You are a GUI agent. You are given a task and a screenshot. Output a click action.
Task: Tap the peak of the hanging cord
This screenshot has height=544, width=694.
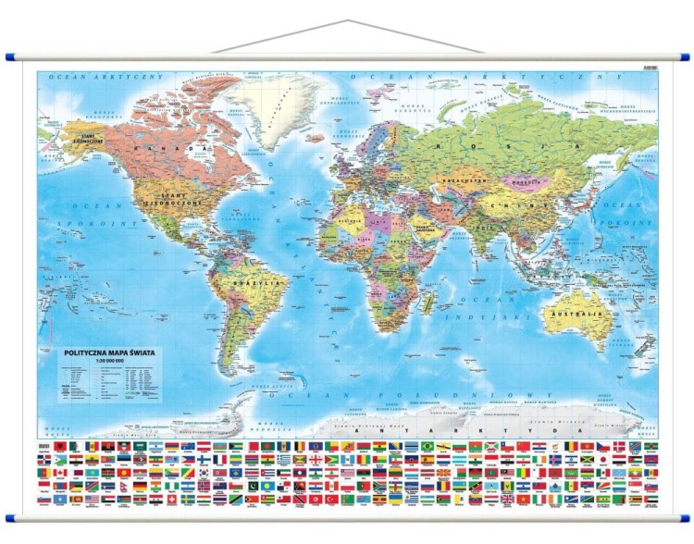click(347, 20)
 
